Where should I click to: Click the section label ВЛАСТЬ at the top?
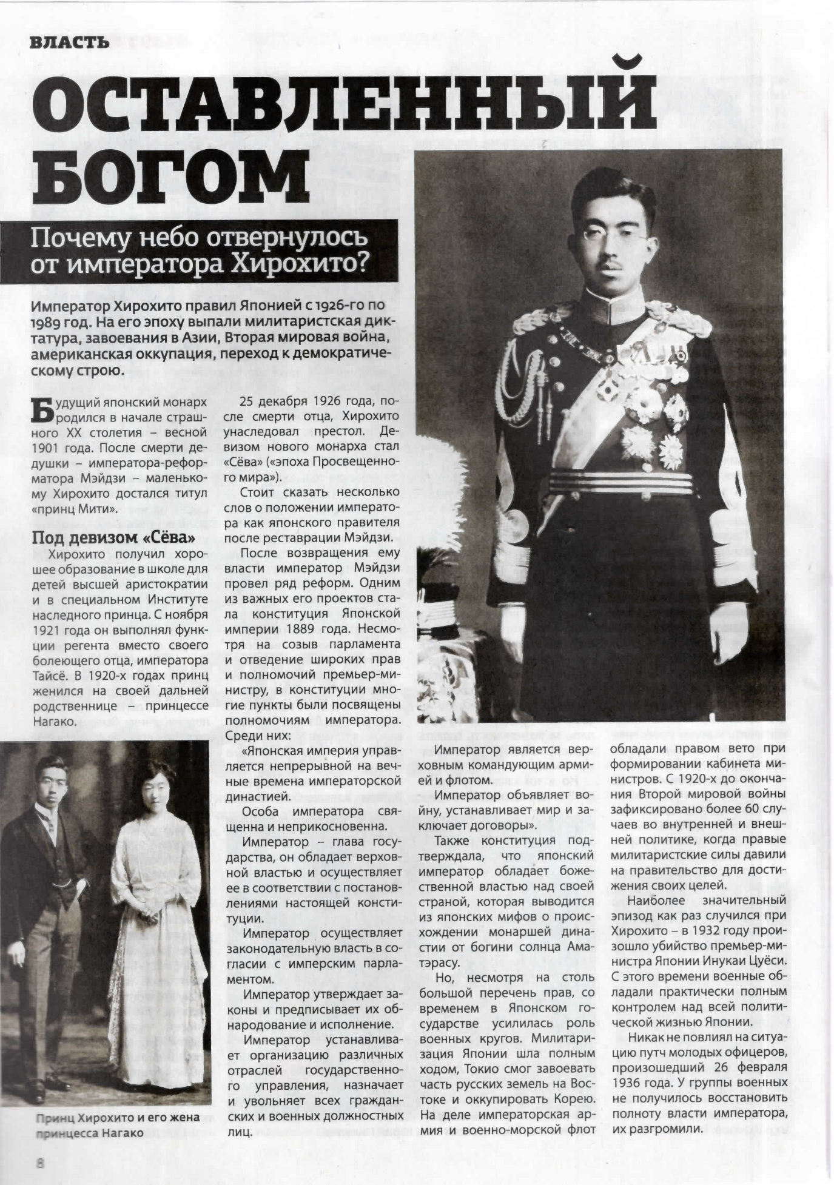pos(69,42)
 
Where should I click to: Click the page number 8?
pos(40,1162)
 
